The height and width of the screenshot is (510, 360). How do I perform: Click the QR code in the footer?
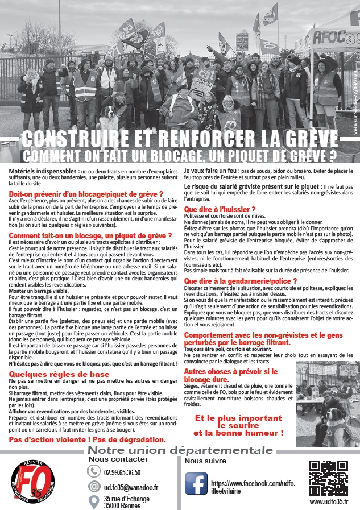pos(327,478)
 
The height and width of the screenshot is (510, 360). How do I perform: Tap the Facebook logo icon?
pos(196,484)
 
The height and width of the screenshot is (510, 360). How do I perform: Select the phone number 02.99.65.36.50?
pos(122,472)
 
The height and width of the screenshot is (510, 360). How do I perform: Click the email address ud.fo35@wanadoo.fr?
pos(131,487)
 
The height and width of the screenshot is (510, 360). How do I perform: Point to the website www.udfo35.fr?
pos(328,502)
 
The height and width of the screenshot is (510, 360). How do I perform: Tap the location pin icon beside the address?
pos(94,501)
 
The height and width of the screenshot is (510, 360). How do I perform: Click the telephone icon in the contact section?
pos(94,472)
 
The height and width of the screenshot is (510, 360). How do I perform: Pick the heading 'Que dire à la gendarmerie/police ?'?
pos(241,281)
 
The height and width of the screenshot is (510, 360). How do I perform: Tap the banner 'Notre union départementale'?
pos(180,451)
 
